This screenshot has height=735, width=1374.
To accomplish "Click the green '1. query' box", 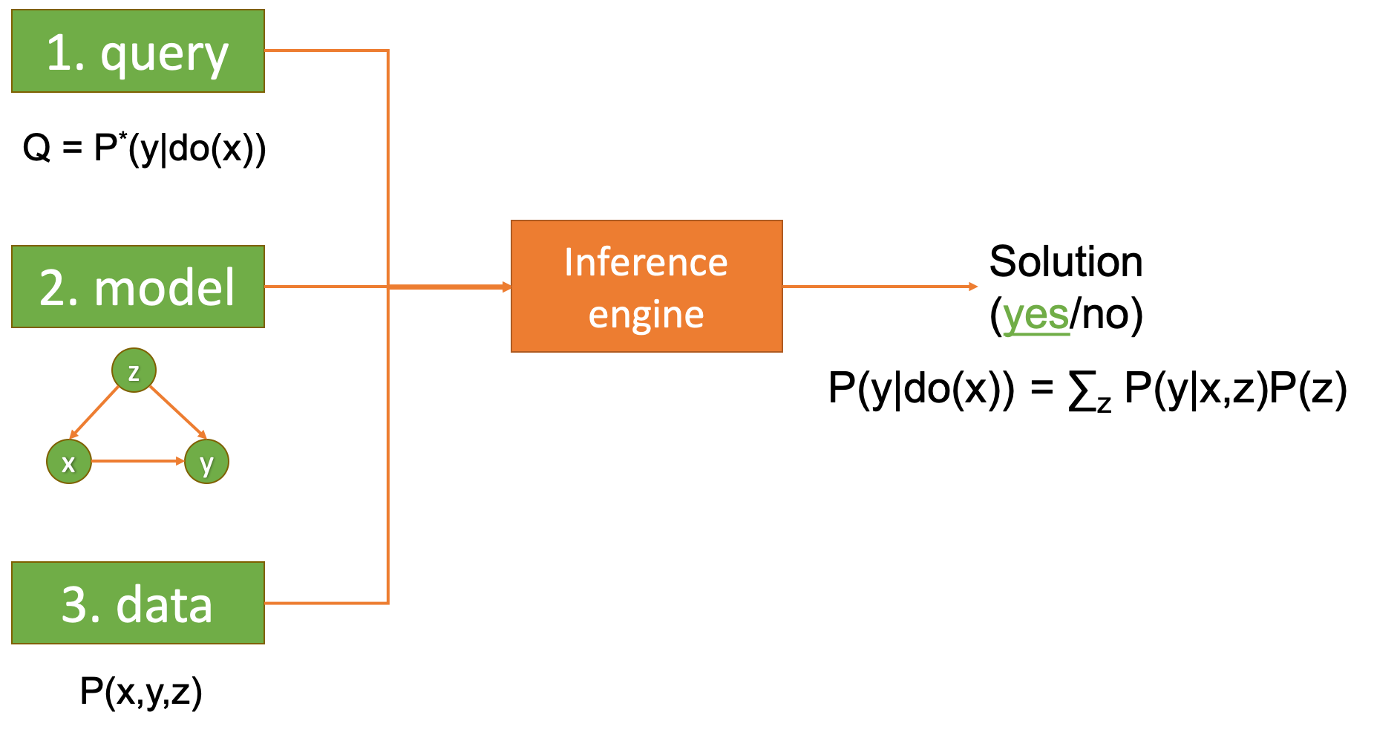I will (138, 51).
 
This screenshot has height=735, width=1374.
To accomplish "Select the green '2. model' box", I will (138, 287).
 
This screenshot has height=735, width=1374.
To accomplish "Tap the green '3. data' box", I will (138, 603).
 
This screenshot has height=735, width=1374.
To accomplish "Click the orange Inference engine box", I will (647, 286).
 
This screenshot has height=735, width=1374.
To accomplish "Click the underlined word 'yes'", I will (1036, 316).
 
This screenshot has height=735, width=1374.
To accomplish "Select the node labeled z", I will (134, 370).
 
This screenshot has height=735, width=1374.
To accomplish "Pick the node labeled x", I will (69, 462).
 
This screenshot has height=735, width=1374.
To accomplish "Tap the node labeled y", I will (206, 462).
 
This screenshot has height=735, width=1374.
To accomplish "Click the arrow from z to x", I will (95, 411).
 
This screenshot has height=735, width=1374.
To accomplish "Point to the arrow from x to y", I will (137, 461).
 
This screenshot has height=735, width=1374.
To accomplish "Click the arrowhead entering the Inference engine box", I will (507, 287).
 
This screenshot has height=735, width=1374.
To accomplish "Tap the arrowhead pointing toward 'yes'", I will (973, 287).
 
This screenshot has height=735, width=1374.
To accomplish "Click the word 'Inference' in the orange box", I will (646, 262).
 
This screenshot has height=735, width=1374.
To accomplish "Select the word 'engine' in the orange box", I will (646, 315).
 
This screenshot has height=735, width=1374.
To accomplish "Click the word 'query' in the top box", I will (165, 54).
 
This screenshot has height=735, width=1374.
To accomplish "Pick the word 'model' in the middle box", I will (164, 288).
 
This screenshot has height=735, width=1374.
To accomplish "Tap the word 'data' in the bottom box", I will (164, 604).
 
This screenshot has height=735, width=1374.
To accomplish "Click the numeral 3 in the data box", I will (75, 604).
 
